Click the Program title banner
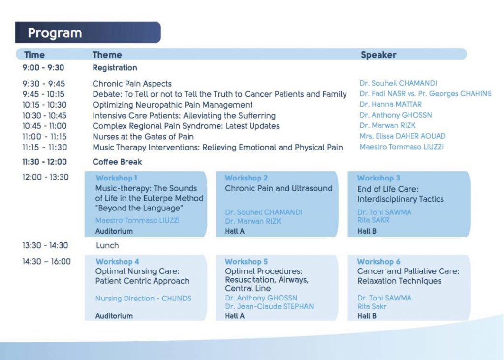click(x=88, y=32)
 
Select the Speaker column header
click(x=378, y=55)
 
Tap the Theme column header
click(x=107, y=55)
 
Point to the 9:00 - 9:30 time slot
click(x=43, y=68)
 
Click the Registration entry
click(x=115, y=68)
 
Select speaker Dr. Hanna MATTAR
click(x=390, y=104)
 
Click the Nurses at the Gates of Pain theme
click(x=143, y=137)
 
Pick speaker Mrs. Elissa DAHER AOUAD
click(x=403, y=136)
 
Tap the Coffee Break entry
click(x=117, y=162)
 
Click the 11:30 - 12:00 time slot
click(x=44, y=162)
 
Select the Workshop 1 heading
click(x=116, y=178)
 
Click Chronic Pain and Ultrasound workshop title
click(x=279, y=188)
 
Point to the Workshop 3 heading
click(x=378, y=178)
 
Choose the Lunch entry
click(x=107, y=246)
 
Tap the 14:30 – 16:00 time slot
click(x=46, y=262)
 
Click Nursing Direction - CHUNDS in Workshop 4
click(x=143, y=299)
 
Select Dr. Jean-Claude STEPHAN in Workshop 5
click(x=269, y=307)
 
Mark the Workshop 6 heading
click(x=378, y=262)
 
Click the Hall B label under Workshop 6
click(x=367, y=316)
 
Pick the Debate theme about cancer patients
click(x=220, y=94)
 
